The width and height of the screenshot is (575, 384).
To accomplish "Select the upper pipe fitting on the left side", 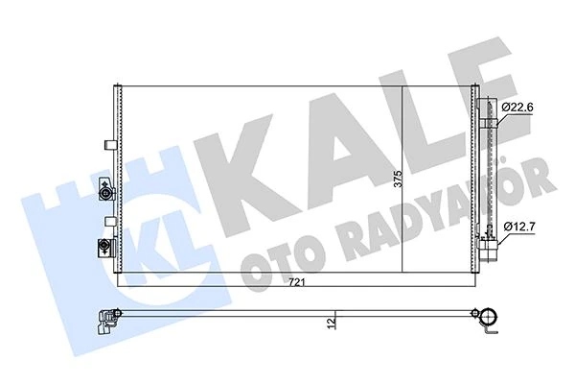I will tap(103, 195).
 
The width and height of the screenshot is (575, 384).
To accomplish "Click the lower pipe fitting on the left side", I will tap(99, 248).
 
